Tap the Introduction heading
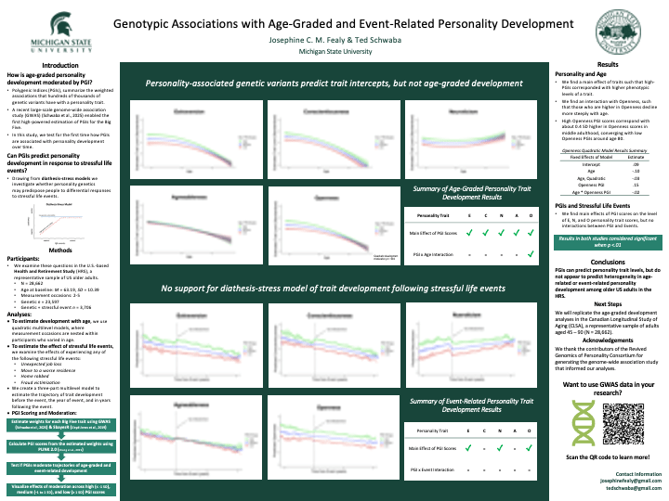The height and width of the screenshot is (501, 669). coord(60,65)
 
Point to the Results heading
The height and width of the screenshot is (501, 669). coord(608,65)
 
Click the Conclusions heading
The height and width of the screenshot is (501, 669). coord(608,262)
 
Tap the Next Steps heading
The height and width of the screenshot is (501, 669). coord(608,302)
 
